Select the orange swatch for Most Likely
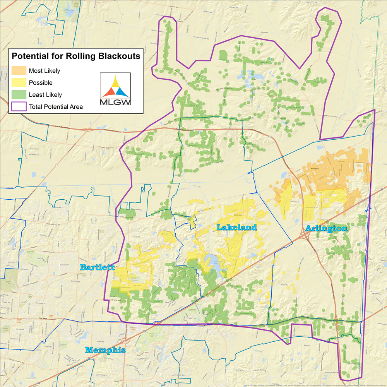[x=19, y=71]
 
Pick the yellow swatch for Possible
[x=19, y=83]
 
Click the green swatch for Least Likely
[x=19, y=94]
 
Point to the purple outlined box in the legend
[x=19, y=106]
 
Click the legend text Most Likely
[x=45, y=71]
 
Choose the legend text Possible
[x=41, y=83]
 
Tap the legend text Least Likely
[x=45, y=94]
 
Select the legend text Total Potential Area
[x=56, y=106]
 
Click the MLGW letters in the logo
[x=115, y=103]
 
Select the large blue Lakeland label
[x=236, y=228]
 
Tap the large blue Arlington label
[x=326, y=229]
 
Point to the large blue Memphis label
[x=105, y=350]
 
